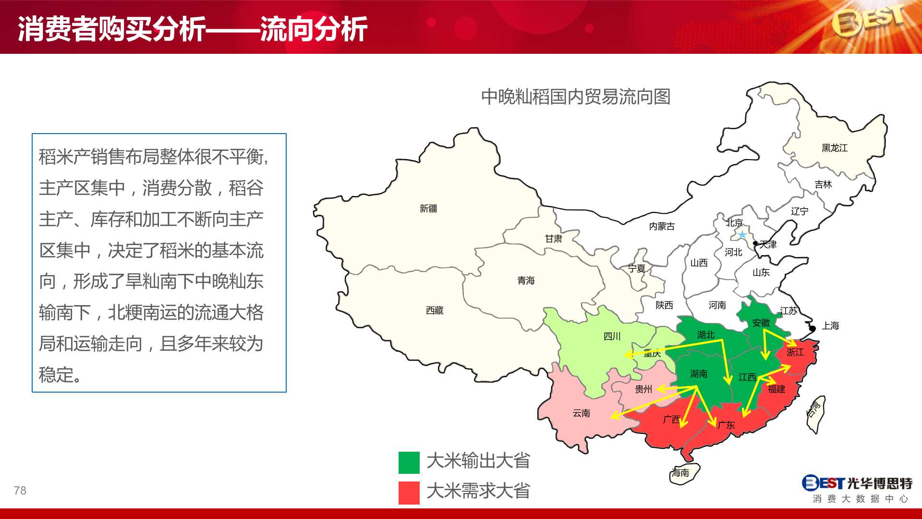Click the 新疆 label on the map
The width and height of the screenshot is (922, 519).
pyautogui.click(x=428, y=209)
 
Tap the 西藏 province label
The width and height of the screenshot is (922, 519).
pyautogui.click(x=435, y=310)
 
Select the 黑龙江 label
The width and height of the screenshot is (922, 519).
pyautogui.click(x=835, y=148)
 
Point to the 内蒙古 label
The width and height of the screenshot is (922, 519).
pyautogui.click(x=662, y=226)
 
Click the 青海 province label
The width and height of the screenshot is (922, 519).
pyautogui.click(x=526, y=281)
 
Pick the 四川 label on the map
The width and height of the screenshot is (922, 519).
pyautogui.click(x=612, y=336)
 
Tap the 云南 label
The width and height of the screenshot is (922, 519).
pyautogui.click(x=582, y=413)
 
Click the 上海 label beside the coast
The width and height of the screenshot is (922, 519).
pyautogui.click(x=830, y=326)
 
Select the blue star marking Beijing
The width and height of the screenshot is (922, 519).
pyautogui.click(x=742, y=235)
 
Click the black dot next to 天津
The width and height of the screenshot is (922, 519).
pyautogui.click(x=755, y=244)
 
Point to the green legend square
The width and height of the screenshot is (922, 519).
pyautogui.click(x=409, y=463)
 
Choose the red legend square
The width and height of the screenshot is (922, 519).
pyautogui.click(x=409, y=493)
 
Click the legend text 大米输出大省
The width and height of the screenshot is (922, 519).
pyautogui.click(x=478, y=461)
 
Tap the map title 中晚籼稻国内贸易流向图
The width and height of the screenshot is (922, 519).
pyautogui.click(x=576, y=97)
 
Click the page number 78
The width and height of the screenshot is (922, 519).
pyautogui.click(x=20, y=491)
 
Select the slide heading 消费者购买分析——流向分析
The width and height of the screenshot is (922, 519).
pyautogui.click(x=193, y=29)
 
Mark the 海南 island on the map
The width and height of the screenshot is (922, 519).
pyautogui.click(x=684, y=473)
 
